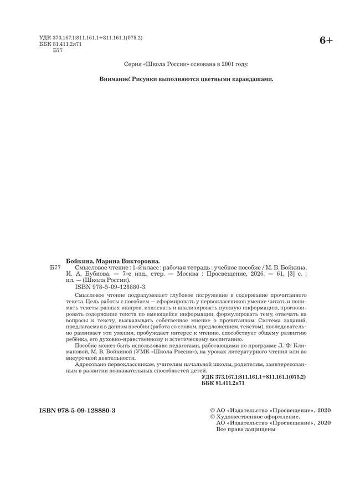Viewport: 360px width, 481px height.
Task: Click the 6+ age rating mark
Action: coord(326,40)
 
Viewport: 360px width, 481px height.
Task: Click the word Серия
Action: coord(133,64)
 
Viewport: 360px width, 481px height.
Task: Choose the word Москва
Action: coord(196,273)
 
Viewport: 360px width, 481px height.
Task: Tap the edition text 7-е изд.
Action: coord(126,273)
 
